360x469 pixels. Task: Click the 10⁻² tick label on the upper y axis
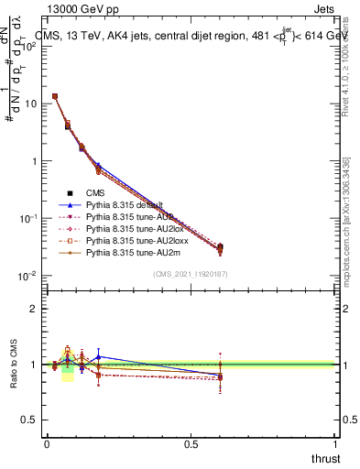pos(27,276)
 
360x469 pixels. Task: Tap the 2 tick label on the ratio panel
pos(33,309)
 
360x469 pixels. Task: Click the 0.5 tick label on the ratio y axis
pos(29,420)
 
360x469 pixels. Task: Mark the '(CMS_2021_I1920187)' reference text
pos(190,274)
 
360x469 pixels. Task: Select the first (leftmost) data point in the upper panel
pos(55,96)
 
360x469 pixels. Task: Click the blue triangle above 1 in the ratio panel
pos(98,356)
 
